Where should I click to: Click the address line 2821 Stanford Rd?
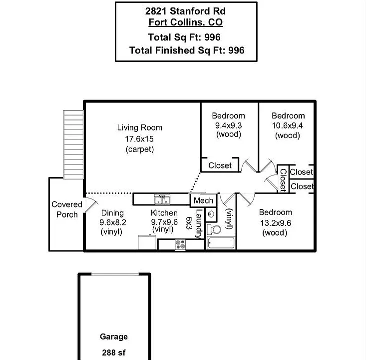pos(186,11)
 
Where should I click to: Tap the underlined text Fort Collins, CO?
pos(186,22)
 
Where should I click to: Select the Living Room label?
pos(140,127)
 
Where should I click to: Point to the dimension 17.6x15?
pos(139,139)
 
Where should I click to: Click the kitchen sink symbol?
pos(162,199)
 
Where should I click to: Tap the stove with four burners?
pos(180,245)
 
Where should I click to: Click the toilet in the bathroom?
pos(214,229)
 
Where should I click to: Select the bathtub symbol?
pos(221,243)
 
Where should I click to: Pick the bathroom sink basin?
pos(212,214)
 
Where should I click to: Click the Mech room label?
pos(204,200)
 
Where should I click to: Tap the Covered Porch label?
pos(67,209)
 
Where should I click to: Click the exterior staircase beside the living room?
pos(73,144)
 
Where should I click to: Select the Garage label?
pos(114,336)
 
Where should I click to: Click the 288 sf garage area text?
pos(114,352)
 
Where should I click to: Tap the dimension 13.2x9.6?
pos(276,223)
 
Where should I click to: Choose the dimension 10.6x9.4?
pos(287,125)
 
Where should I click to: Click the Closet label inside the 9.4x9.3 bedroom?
pos(220,165)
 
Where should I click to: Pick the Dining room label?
pos(112,213)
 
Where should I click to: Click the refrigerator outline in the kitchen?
pos(147,242)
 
